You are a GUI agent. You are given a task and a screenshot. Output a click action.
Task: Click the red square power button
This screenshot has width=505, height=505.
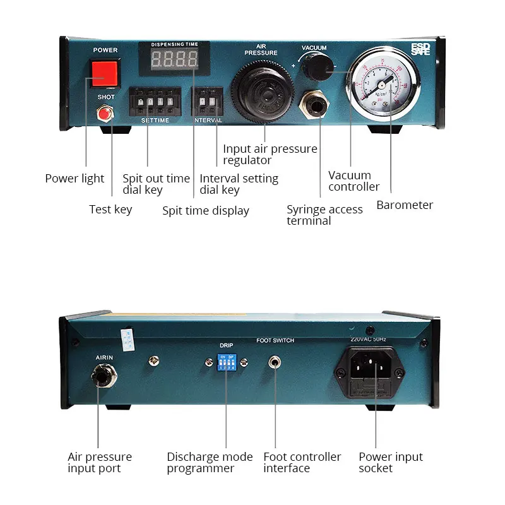tap(104, 73)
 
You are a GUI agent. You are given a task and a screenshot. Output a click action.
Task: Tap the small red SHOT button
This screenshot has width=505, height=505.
tap(104, 114)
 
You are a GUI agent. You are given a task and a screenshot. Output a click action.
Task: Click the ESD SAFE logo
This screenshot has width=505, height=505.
tap(420, 49)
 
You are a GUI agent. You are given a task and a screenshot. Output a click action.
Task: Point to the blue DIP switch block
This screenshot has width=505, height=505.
tap(225, 362)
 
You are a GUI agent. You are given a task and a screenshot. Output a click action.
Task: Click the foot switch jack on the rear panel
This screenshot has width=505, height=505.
tap(275, 362)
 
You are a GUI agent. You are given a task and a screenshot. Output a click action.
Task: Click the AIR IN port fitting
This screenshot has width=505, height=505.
tap(100, 378)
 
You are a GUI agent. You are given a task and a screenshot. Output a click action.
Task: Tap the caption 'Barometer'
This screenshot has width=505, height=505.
tap(405, 205)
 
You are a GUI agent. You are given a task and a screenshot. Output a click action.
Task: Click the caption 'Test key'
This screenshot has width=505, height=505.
tap(110, 210)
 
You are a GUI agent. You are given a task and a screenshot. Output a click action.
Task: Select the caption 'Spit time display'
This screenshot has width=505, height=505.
tap(206, 211)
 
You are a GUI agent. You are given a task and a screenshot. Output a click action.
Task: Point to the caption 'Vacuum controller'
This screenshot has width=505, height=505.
tap(354, 181)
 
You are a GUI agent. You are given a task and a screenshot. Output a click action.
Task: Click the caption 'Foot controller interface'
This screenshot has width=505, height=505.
tap(302, 462)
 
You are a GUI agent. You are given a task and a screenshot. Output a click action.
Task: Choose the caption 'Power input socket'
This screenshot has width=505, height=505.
tap(391, 462)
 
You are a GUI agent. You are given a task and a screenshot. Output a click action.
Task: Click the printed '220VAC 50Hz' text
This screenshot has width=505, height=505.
tap(373, 340)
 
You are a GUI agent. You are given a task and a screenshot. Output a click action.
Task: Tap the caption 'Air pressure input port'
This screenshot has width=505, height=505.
tap(100, 462)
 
